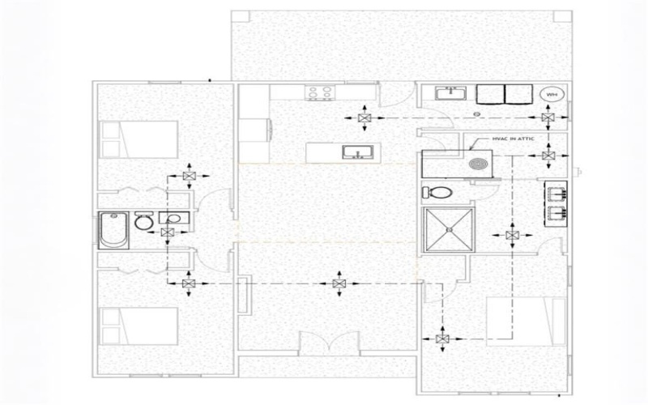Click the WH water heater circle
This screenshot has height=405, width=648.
(x=552, y=95)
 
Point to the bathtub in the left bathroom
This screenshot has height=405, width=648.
(x=113, y=228)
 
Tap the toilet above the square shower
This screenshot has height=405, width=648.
(x=435, y=194)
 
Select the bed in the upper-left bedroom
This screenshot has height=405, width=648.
(x=138, y=139)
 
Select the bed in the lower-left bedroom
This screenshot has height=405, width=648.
(x=138, y=326)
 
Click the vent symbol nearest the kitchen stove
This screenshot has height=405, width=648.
(x=364, y=119)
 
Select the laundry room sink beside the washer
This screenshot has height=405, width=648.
(x=446, y=94)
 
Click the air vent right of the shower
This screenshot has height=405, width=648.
(x=512, y=235)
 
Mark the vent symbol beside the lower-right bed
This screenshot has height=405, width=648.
(x=442, y=339)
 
